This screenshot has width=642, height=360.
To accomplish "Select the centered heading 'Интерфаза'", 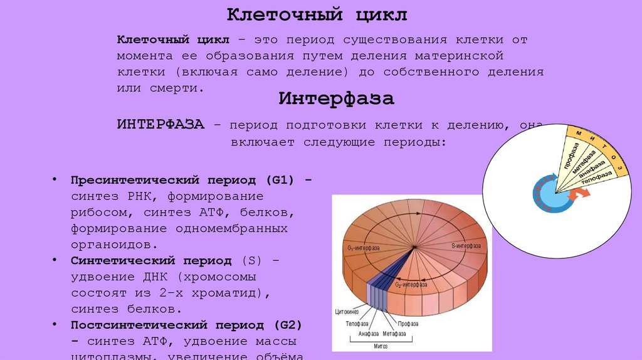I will click(337, 99).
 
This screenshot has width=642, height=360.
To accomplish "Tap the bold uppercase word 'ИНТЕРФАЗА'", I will click(160, 124).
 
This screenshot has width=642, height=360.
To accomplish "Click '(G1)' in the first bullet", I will click(279, 179).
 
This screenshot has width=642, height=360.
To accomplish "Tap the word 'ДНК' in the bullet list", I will click(157, 277).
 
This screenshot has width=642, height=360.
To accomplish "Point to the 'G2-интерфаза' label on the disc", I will click(411, 285).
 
